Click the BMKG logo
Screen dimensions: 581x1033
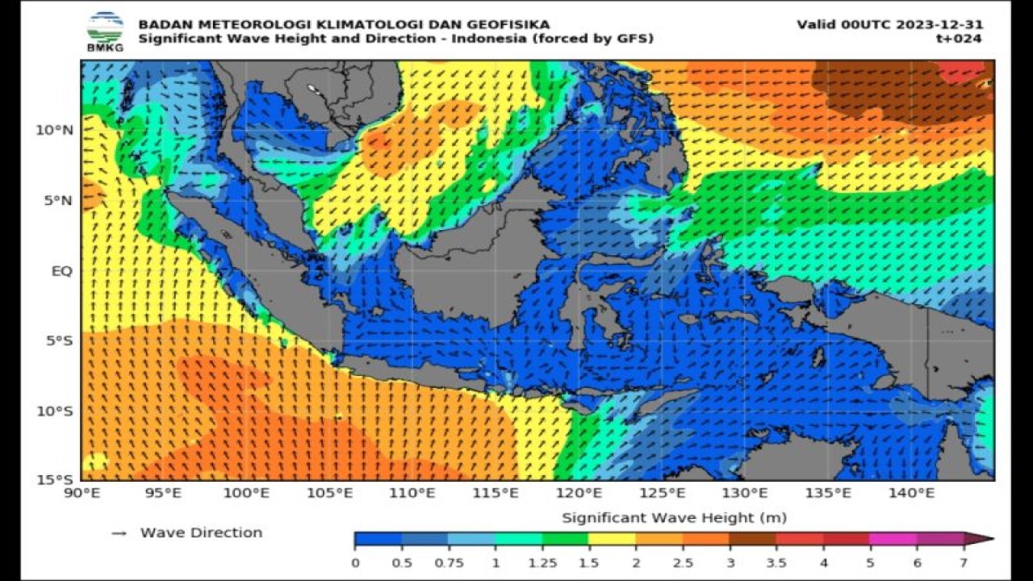pos(105,31)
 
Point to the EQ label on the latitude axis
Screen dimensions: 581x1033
pos(63,271)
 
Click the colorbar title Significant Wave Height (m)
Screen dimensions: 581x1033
pos(674,517)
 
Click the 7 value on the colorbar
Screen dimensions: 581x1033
pos(963,562)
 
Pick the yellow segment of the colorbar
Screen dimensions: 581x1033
pos(612,539)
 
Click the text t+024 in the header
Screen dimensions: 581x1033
pos(960,38)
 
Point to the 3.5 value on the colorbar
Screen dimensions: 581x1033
pos(776,562)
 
